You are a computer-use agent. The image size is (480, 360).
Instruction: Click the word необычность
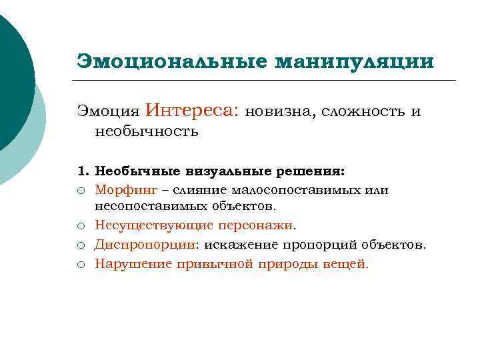pyautogui.click(x=147, y=131)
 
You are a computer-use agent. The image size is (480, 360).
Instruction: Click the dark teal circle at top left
pyautogui.click(x=10, y=73)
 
